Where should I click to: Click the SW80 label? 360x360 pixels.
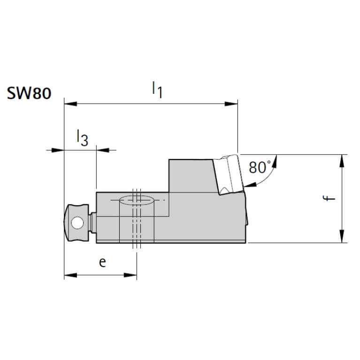[29, 92]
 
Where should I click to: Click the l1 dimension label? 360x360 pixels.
[157, 90]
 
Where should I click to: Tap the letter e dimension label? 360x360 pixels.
[102, 262]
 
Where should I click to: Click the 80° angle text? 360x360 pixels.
[260, 167]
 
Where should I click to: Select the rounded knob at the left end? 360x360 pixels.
[76, 222]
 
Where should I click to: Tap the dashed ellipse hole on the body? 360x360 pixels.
[137, 200]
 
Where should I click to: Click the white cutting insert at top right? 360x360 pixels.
[229, 174]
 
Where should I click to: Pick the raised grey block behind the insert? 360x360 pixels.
[190, 176]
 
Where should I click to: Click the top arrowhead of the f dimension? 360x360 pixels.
[343, 160]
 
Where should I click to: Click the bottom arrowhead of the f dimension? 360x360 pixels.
[343, 237]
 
